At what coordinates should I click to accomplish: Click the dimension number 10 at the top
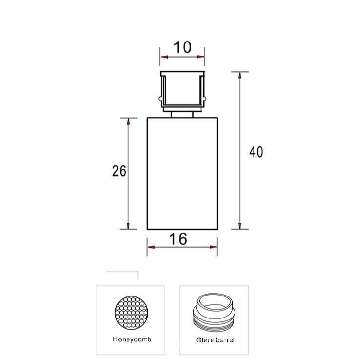(182, 47)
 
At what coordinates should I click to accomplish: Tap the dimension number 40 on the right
(256, 152)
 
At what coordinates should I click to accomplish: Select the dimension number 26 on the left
(119, 171)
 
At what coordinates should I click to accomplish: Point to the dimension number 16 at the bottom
(178, 239)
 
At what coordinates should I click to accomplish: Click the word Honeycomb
(132, 339)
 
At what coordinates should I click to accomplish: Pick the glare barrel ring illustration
(214, 313)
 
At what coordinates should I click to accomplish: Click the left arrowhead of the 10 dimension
(164, 57)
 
